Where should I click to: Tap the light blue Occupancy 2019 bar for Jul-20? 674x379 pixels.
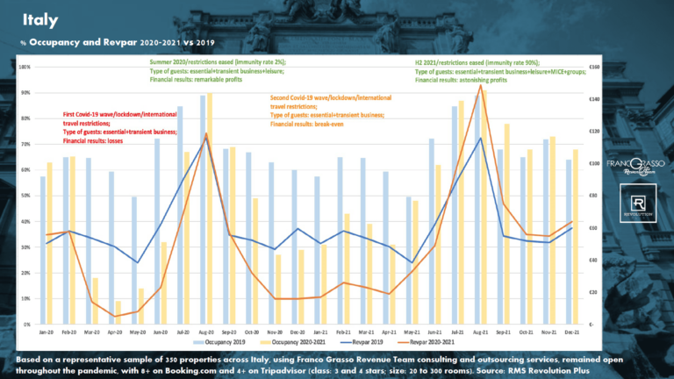[180, 215]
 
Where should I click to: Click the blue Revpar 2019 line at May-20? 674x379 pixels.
[137, 262]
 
